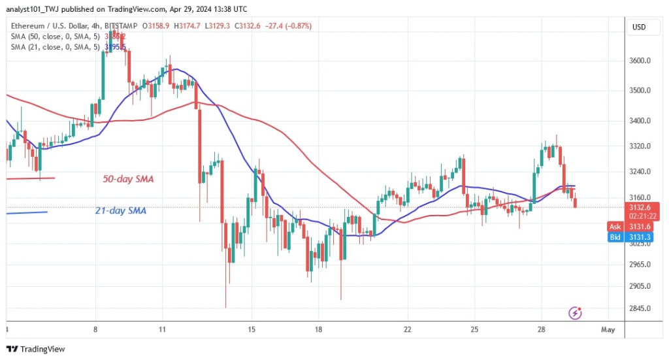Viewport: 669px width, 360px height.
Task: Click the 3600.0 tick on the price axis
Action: (x=640, y=61)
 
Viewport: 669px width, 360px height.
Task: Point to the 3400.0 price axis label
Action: (x=640, y=121)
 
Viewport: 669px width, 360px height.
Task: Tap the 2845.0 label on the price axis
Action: (x=640, y=308)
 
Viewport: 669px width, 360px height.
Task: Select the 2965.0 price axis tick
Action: (x=640, y=265)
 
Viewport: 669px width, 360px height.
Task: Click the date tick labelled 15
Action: (x=252, y=329)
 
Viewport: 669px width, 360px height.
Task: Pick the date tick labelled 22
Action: (x=407, y=329)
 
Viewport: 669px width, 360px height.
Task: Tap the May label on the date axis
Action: (x=608, y=329)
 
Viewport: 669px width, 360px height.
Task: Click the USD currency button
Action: (x=639, y=27)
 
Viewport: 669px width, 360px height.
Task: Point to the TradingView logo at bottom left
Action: (x=35, y=349)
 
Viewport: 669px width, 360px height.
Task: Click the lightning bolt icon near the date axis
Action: (x=576, y=314)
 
